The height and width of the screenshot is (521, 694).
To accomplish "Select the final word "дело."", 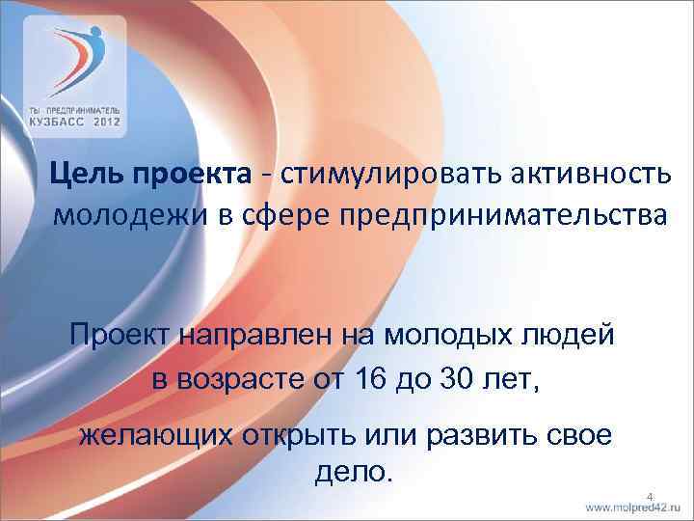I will point(354,474).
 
